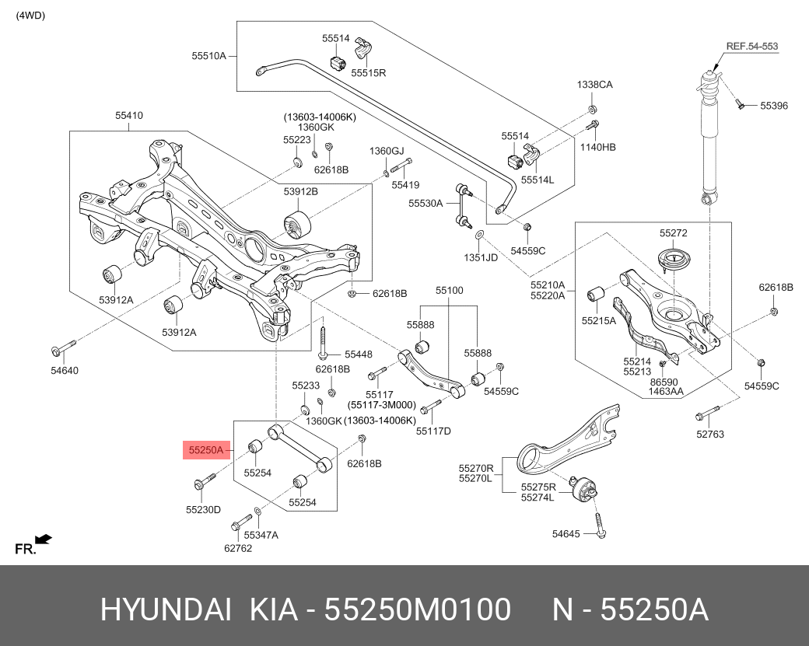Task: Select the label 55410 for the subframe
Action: pos(129,116)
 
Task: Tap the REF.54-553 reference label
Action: pos(751,47)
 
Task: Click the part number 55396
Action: pos(774,105)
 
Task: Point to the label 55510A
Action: pos(208,55)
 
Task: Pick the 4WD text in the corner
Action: pos(30,16)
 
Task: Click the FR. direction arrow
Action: pos(44,538)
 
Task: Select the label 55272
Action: pos(673,232)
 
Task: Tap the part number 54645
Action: pos(566,534)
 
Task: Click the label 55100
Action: pos(449,291)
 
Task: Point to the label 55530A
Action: pos(426,203)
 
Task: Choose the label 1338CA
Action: pos(594,85)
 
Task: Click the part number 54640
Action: pos(65,370)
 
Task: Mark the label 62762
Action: pos(238,547)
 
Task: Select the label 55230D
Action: pos(203,510)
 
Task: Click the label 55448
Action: pos(359,353)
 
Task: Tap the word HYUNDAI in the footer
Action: pos(165,610)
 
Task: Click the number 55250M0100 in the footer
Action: pos(417,610)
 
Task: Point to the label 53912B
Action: pos(300,190)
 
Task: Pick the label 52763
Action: pos(709,435)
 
